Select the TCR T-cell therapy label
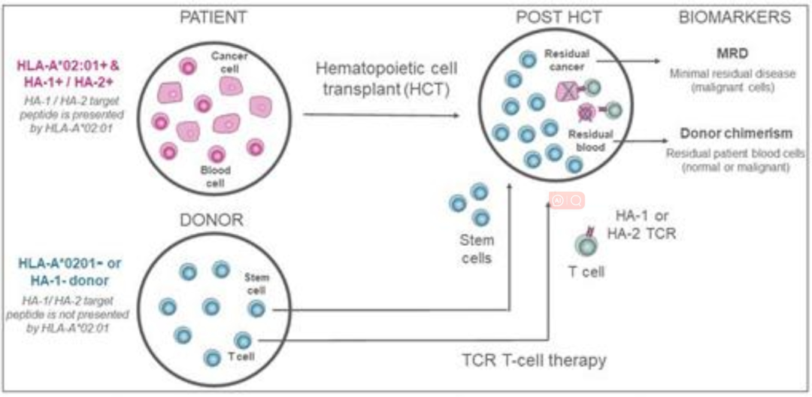(535, 361)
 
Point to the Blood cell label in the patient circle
(216, 176)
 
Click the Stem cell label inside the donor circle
(257, 283)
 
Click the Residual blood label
(589, 141)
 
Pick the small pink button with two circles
(567, 201)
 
